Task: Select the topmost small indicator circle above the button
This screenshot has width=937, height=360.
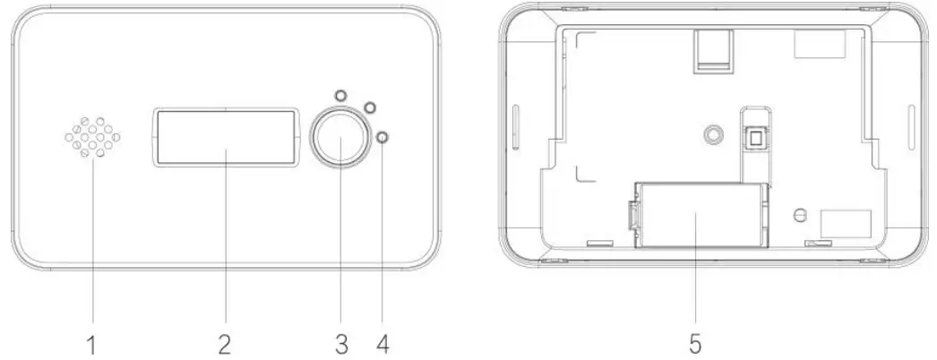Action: pyautogui.click(x=340, y=95)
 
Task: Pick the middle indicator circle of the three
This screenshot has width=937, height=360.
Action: pyautogui.click(x=366, y=108)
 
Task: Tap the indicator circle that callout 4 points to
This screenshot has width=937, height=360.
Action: pyautogui.click(x=383, y=137)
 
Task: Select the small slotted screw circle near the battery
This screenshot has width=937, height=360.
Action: pyautogui.click(x=800, y=215)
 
